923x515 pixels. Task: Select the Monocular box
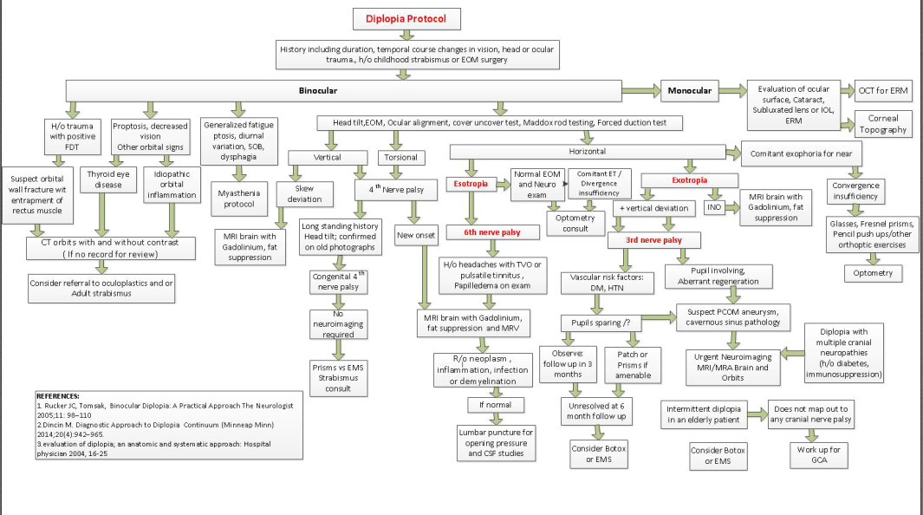[691, 89]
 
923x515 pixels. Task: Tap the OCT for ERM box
[882, 89]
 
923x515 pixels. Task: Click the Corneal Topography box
[882, 124]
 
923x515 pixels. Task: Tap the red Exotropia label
[689, 181]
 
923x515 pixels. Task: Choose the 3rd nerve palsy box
[654, 239]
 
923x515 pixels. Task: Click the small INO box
[714, 208]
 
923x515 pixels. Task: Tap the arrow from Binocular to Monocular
[640, 89]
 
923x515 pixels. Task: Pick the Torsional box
[400, 158]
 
